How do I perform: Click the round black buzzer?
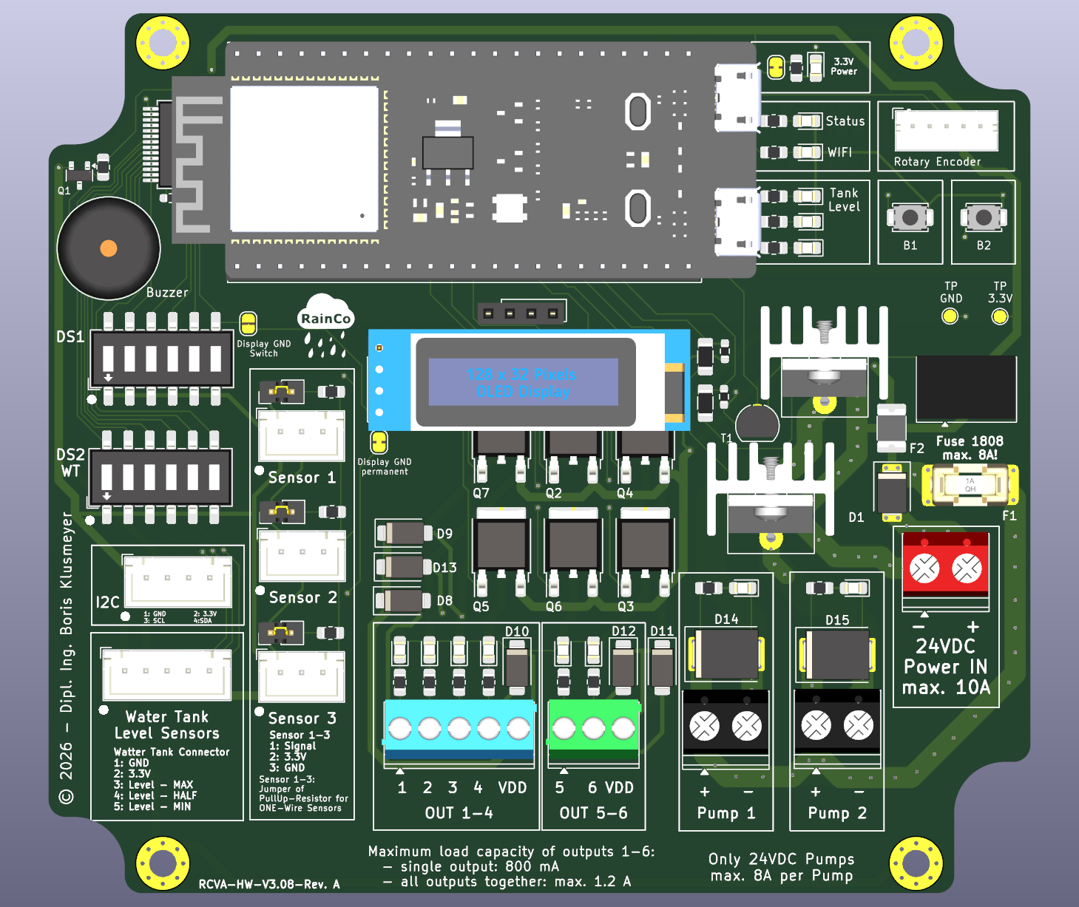(109, 248)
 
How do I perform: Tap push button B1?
(910, 217)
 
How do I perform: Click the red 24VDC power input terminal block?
(945, 565)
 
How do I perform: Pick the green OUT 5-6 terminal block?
(593, 728)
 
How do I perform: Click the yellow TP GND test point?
(950, 316)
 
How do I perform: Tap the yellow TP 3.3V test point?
(999, 316)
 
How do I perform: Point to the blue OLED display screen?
(524, 382)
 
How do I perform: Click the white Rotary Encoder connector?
(946, 131)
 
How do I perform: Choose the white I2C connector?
(177, 581)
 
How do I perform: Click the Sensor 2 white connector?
(302, 554)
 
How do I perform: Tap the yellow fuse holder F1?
(970, 485)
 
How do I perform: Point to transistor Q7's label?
(481, 493)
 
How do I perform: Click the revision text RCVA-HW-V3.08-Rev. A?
(269, 884)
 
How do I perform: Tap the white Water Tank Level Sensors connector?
(167, 674)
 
